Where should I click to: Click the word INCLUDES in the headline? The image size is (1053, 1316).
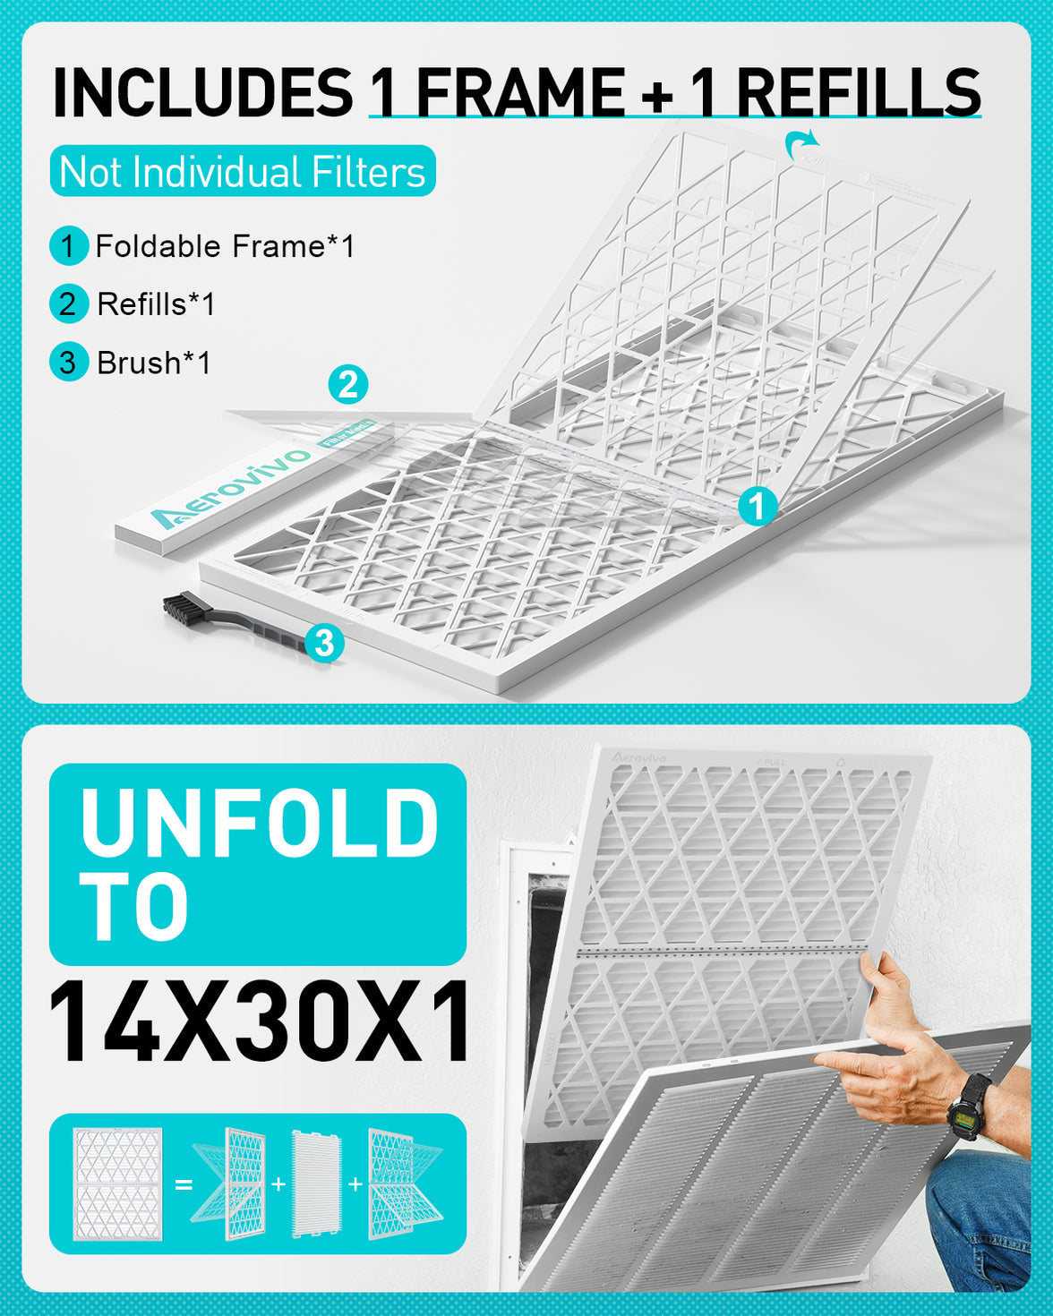203,92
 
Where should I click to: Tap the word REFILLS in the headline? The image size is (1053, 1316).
858,92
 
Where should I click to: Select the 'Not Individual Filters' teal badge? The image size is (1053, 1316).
243,171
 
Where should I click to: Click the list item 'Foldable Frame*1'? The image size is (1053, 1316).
224,246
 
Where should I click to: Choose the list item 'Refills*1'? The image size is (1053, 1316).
156,304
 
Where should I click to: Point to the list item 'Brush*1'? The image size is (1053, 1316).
153,363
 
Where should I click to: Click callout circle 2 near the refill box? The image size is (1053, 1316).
348,385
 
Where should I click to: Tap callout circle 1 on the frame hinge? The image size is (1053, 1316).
758,507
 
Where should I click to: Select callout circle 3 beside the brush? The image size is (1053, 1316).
324,643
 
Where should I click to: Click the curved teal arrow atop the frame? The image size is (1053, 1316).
802,142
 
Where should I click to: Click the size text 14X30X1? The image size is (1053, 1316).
260,1021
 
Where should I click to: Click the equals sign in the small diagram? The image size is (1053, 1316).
184,1184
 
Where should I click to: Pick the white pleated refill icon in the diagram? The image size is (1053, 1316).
317,1184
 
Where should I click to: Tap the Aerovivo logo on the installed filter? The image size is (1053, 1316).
638,757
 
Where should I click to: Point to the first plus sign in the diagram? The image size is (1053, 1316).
278,1184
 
